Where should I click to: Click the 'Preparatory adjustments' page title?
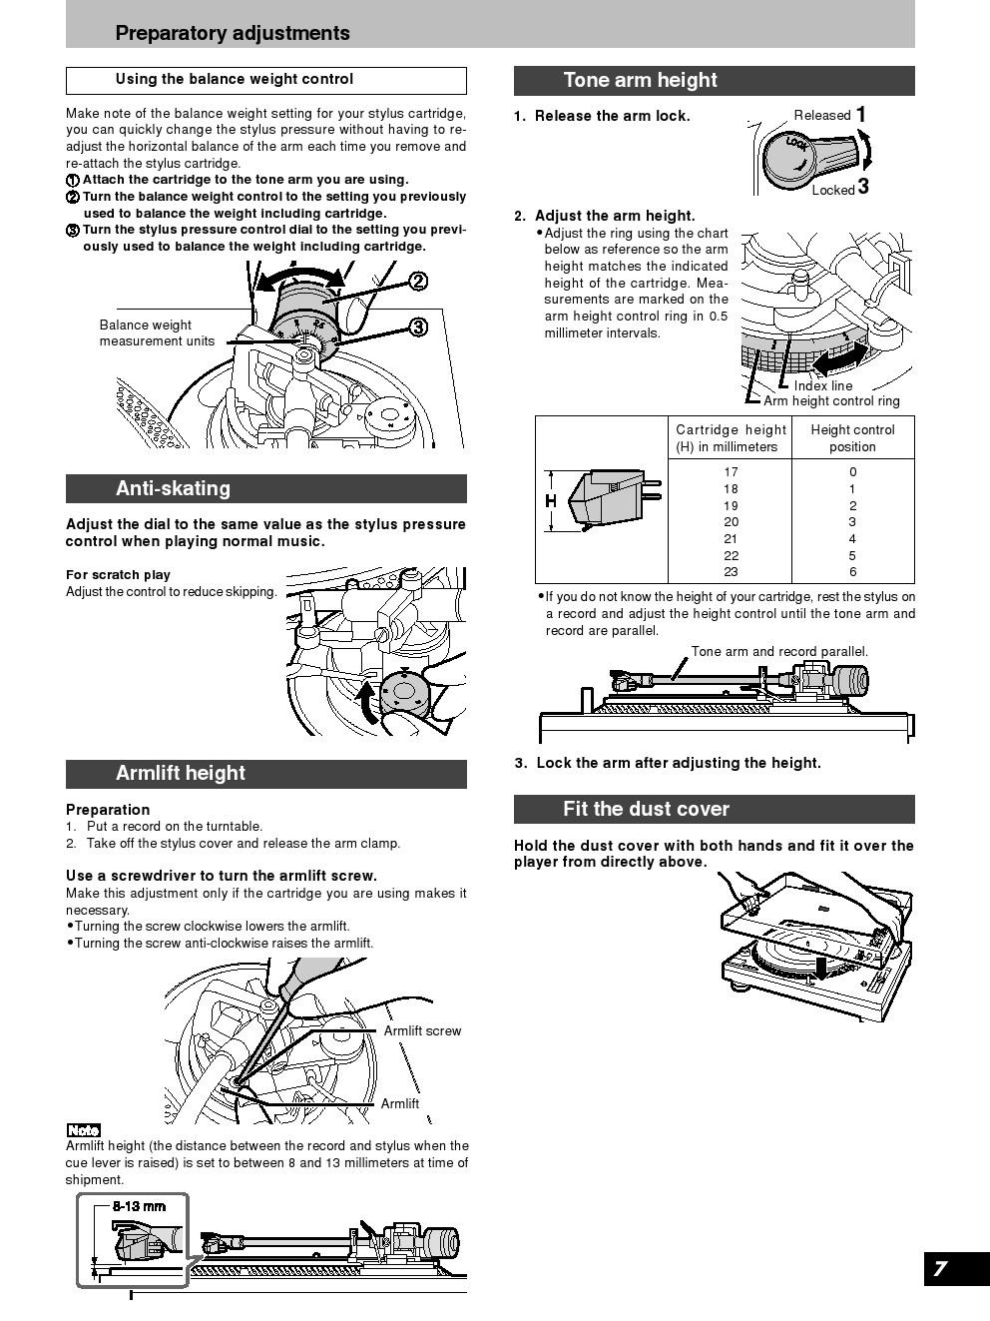(x=233, y=33)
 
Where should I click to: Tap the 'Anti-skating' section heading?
(x=173, y=488)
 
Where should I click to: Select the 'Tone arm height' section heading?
(x=640, y=80)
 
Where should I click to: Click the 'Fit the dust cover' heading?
(x=646, y=809)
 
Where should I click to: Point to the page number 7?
(x=940, y=1269)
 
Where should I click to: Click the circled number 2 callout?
(x=419, y=282)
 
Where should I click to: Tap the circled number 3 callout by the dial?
(x=418, y=327)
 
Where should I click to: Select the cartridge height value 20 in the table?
(x=732, y=522)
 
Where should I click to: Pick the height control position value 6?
(x=852, y=572)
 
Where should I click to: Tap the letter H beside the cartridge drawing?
(x=550, y=500)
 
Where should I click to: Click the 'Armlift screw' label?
(x=422, y=1030)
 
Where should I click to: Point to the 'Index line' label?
(x=823, y=385)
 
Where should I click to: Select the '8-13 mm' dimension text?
(x=139, y=1206)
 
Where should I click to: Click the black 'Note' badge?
(x=83, y=1130)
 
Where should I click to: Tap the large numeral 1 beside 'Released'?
(x=860, y=115)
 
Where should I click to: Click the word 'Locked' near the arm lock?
(x=832, y=190)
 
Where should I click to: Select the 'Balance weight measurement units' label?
(x=157, y=332)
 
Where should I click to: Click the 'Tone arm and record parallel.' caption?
(x=779, y=652)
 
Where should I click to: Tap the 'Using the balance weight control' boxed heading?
(x=235, y=79)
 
